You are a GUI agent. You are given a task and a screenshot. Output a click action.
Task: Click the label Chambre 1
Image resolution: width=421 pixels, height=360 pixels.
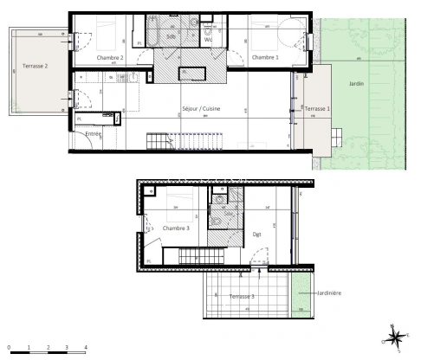[x=265, y=57]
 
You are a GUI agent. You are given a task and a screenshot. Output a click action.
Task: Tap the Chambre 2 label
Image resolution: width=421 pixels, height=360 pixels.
[x=110, y=57]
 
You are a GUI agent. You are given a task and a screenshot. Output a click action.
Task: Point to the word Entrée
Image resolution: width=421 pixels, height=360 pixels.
[x=94, y=135]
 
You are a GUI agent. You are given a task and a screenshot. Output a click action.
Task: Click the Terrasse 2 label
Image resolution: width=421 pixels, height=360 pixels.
[x=35, y=66]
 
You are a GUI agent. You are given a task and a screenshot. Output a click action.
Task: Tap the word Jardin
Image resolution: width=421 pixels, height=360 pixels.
[x=357, y=84]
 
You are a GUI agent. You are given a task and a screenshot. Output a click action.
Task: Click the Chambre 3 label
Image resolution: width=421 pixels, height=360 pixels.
[x=176, y=228]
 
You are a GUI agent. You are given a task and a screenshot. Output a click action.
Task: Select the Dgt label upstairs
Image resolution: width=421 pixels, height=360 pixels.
[x=256, y=234]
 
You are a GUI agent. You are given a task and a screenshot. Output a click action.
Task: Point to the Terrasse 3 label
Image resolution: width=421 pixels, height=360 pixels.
[x=241, y=296]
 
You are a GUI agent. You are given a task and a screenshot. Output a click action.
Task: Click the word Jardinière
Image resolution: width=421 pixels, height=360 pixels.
[x=328, y=292]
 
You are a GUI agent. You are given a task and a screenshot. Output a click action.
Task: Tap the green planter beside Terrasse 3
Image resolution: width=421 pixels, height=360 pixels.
[x=300, y=299]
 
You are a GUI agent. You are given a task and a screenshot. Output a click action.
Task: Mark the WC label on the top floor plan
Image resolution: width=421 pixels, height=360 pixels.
[x=208, y=40]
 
